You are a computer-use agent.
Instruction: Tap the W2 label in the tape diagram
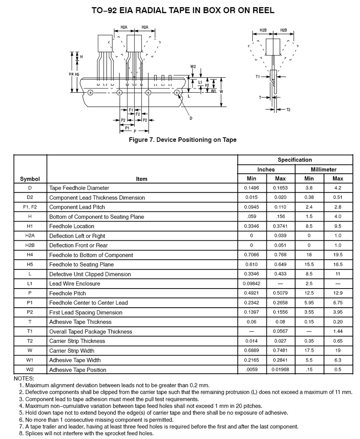click(193, 67)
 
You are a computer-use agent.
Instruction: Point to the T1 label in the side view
click(258, 77)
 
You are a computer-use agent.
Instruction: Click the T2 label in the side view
click(288, 110)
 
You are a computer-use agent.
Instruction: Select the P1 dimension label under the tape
click(127, 128)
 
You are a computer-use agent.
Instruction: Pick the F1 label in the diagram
click(131, 110)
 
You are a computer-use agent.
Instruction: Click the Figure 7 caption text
click(183, 140)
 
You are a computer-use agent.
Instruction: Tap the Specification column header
click(295, 160)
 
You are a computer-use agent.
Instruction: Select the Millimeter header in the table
click(324, 169)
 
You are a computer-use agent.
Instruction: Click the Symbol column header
click(30, 179)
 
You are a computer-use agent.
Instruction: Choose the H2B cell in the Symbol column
click(30, 245)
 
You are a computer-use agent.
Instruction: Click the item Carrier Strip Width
click(72, 351)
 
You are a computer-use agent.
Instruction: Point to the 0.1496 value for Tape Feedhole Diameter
click(252, 188)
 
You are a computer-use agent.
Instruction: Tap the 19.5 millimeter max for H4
click(338, 255)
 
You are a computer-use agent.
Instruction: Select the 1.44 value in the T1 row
click(338, 331)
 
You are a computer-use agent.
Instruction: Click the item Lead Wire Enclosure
click(75, 284)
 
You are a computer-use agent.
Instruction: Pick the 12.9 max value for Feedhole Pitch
click(338, 293)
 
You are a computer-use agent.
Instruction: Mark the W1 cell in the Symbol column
click(30, 360)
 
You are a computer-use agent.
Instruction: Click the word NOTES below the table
click(24, 378)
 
